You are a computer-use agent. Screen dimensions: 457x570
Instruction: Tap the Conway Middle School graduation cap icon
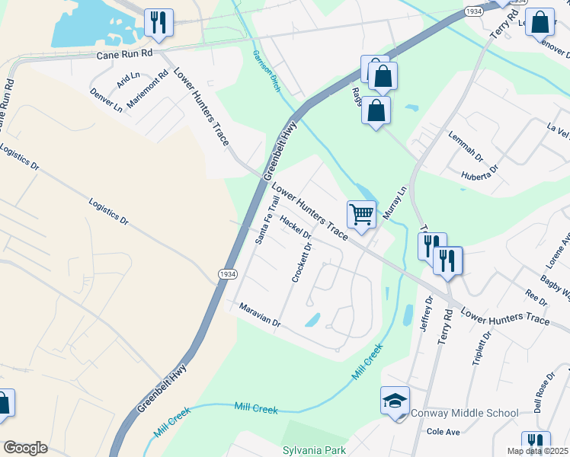coord(395,401)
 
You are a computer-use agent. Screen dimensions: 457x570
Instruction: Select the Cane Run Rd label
coord(125,55)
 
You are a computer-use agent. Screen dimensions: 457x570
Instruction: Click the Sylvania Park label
coord(314,450)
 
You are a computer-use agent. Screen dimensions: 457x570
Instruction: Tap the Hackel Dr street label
coord(296,232)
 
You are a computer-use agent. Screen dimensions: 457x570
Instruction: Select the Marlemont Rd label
coord(147,89)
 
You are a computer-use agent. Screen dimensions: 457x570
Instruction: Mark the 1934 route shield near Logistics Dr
coord(227,273)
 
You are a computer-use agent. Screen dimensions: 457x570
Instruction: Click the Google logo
coord(25,448)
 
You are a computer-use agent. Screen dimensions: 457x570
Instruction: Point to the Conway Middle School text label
coord(464,414)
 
